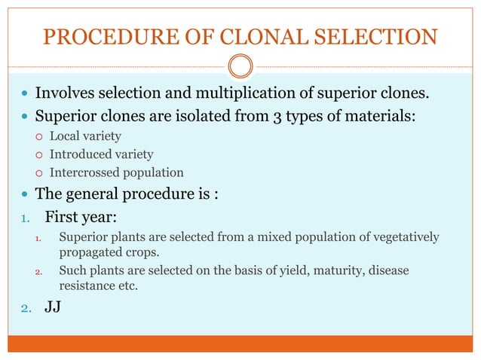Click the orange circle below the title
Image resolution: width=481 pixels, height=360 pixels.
240,66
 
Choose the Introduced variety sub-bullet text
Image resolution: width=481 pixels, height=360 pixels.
101,154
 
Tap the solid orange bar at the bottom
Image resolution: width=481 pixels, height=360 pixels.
240,344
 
